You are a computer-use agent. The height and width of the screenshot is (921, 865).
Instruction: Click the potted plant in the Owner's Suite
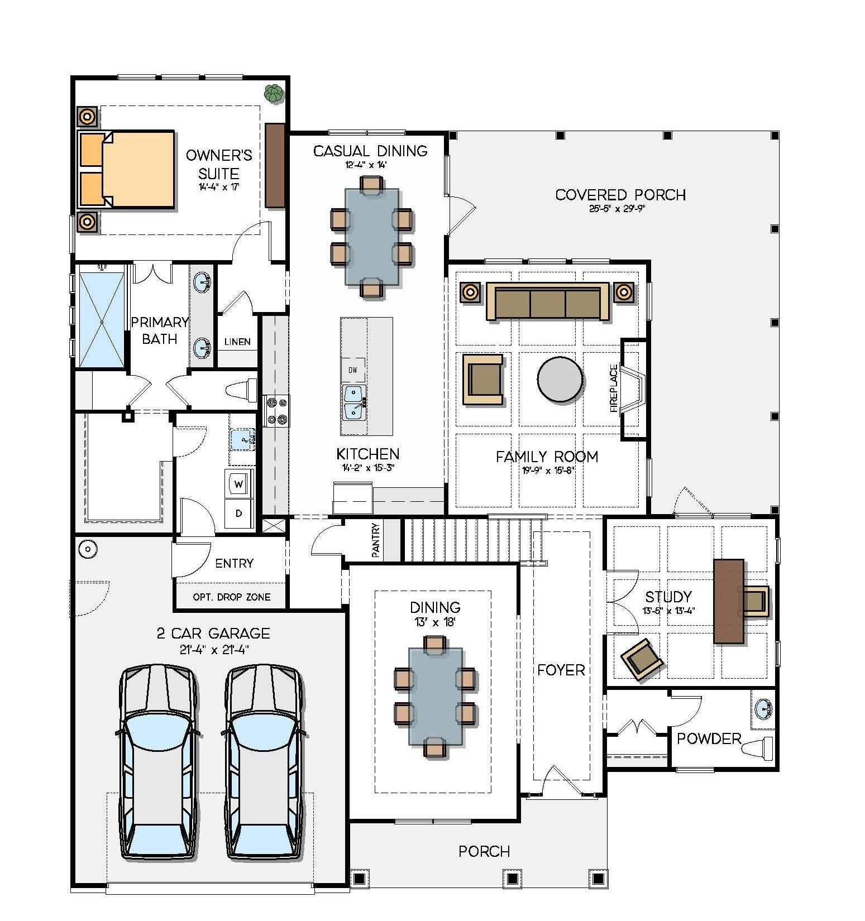(x=273, y=94)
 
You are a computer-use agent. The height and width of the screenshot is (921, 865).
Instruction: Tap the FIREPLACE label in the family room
(x=614, y=388)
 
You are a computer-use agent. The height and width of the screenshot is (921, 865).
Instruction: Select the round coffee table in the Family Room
(x=560, y=379)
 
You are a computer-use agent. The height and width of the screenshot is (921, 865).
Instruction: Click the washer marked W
(x=239, y=484)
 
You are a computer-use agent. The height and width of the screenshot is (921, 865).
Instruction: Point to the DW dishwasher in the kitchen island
(x=353, y=370)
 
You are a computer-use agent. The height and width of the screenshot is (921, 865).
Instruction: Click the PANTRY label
(x=376, y=540)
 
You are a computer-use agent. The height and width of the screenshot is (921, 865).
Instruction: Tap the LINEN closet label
(x=237, y=342)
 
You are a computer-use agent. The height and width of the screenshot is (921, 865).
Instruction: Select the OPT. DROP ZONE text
(x=231, y=597)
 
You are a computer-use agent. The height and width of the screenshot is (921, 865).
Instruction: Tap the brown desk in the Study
(x=728, y=602)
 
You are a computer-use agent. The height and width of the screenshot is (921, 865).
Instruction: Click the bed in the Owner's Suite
(x=134, y=170)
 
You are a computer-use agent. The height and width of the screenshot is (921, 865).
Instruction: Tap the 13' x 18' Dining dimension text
(x=435, y=622)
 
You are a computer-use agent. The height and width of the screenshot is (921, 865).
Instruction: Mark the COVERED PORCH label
(x=620, y=195)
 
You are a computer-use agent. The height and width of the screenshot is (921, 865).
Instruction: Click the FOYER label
(x=561, y=670)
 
